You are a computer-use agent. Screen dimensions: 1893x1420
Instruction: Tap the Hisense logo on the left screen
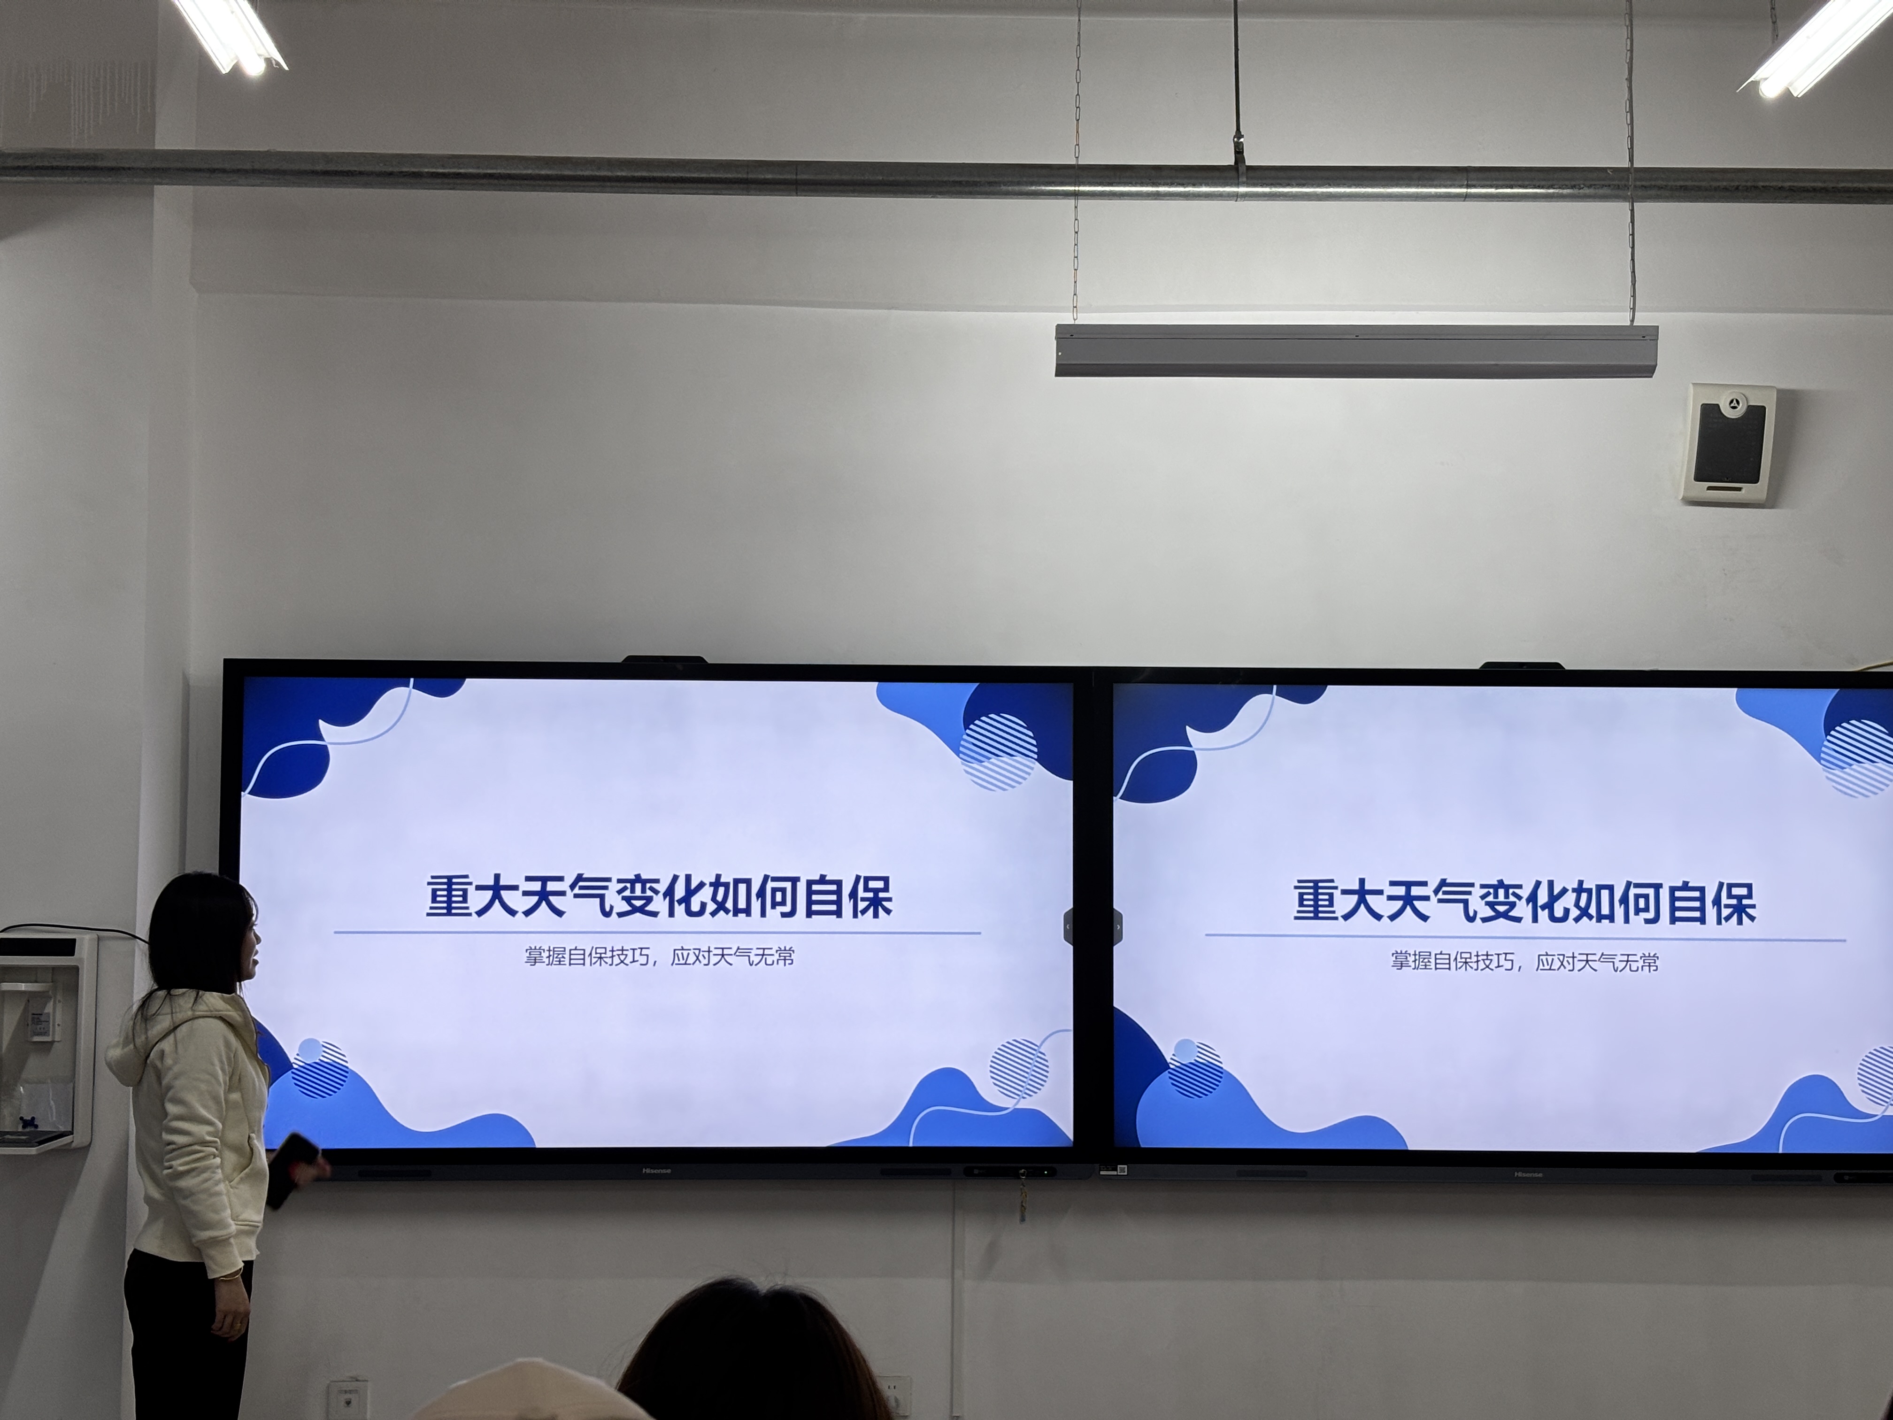[x=656, y=1170]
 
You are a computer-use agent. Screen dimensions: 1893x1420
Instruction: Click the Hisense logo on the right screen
[x=1528, y=1174]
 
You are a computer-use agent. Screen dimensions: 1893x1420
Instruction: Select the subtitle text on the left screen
[x=660, y=956]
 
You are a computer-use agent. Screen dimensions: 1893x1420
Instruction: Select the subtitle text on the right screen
[x=1524, y=961]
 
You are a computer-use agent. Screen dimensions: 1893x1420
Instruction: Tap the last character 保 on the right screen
[x=1733, y=903]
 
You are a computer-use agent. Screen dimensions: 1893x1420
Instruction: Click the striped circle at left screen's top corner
[x=998, y=751]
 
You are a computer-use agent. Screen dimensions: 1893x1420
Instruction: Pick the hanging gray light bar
[x=1355, y=350]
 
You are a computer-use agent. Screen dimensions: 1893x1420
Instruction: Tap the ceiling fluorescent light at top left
[x=230, y=36]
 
